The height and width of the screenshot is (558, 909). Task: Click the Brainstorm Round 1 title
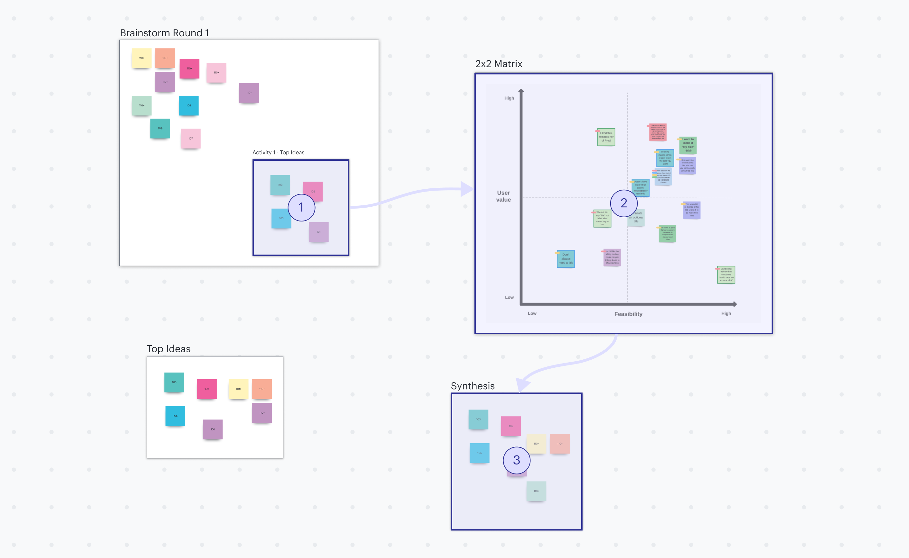coord(164,33)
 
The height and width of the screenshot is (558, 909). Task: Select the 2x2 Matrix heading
coord(499,64)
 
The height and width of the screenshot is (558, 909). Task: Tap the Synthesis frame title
coord(473,386)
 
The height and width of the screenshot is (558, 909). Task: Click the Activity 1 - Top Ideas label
coord(278,152)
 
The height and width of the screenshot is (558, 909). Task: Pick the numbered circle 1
coord(301,207)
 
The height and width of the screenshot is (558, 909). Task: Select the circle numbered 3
coord(517,460)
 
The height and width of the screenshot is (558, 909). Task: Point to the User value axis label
coord(503,196)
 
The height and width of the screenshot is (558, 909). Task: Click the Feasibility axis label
coord(628,314)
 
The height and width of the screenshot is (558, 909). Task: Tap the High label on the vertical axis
coord(509,98)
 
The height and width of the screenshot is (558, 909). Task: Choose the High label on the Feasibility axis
coord(726,313)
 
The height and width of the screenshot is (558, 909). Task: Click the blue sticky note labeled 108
coord(189,105)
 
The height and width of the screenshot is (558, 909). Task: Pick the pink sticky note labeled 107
coord(190,139)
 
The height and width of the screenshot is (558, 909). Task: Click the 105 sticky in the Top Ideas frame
coord(175,416)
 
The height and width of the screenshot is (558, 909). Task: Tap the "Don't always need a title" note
coord(566,259)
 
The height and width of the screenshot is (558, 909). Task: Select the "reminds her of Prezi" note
coord(606,137)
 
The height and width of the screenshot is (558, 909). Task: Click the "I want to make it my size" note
coord(688,145)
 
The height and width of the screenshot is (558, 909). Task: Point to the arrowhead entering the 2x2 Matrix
coord(467,189)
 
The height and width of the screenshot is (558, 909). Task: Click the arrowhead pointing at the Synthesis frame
coord(522,385)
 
